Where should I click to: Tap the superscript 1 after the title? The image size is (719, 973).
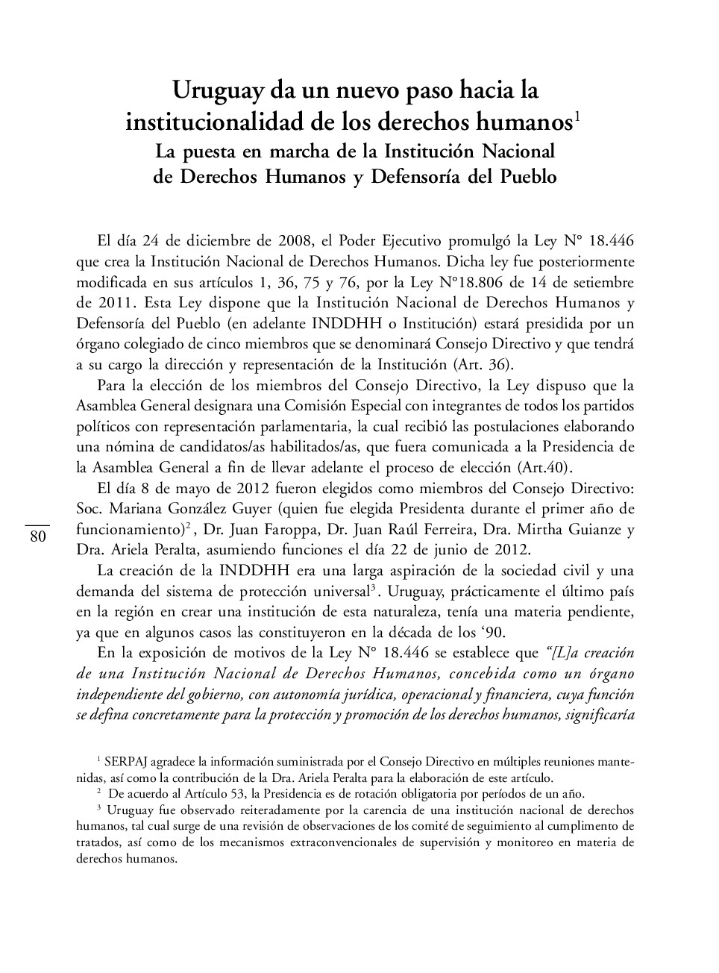(577, 116)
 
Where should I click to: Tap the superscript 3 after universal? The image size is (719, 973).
(372, 587)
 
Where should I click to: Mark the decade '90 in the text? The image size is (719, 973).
(494, 633)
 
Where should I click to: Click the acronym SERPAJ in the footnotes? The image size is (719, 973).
(128, 763)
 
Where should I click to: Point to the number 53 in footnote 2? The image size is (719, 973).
(241, 794)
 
